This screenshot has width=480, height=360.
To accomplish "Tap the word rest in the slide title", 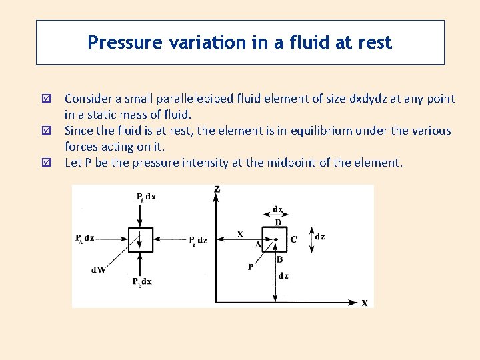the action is (x=375, y=43).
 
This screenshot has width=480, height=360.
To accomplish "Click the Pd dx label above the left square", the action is (x=145, y=197).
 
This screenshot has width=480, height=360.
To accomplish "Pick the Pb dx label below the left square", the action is (x=141, y=282).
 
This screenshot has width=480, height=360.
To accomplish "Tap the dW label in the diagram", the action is (x=99, y=270).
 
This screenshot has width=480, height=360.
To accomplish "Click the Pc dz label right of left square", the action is (x=198, y=239).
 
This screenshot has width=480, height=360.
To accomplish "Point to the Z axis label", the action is (x=217, y=190).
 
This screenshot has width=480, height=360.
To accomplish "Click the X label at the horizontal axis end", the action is (x=365, y=303).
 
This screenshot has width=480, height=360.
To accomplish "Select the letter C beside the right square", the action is (x=293, y=239).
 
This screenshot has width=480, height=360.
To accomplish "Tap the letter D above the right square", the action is (x=277, y=221).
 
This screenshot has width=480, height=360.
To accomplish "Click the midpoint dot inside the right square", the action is (x=275, y=239).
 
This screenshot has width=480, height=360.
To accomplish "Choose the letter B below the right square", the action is (x=279, y=259).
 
